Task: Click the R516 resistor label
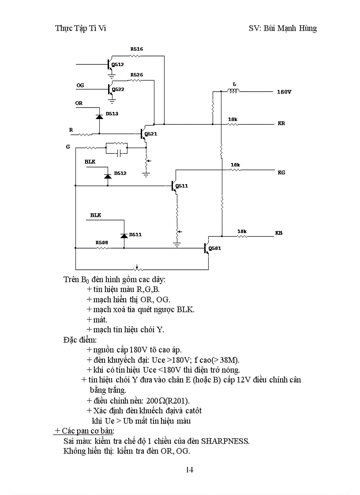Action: (136, 49)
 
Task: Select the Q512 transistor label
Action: (118, 64)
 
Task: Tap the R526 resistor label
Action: (136, 75)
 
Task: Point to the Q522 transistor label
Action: (118, 89)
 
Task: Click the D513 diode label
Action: (112, 114)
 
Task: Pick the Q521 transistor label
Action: (150, 134)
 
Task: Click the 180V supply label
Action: (284, 93)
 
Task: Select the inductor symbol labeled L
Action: (233, 91)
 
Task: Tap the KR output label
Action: (281, 123)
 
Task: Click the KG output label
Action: (281, 172)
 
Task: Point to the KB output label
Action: (278, 232)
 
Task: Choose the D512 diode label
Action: (120, 173)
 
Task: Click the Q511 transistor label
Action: (181, 186)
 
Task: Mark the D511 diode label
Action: (135, 234)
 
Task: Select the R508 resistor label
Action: (102, 242)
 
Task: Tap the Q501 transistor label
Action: (215, 248)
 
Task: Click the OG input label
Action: (80, 85)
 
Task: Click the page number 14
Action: (189, 469)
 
